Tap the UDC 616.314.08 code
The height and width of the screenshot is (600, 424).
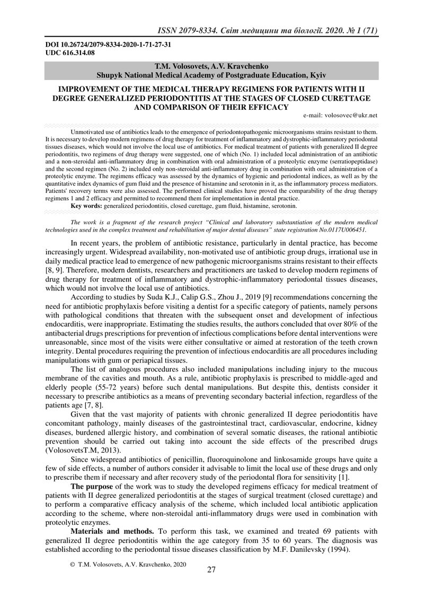click(69, 52)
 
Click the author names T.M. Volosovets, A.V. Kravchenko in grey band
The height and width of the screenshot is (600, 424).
click(211, 67)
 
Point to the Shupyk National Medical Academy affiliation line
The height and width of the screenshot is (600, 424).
click(211, 76)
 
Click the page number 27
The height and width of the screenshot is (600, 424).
click(211, 570)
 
